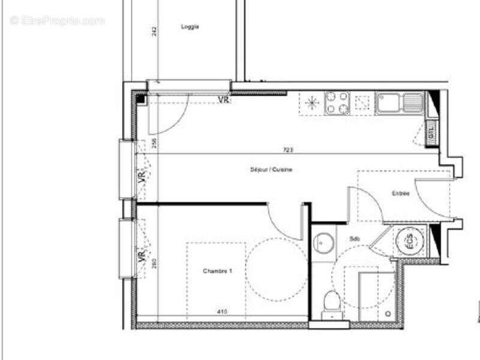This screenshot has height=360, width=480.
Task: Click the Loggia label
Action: (x=190, y=26)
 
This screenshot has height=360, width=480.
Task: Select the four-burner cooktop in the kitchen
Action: (x=337, y=103)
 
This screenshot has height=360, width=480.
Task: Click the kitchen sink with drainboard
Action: (x=399, y=103)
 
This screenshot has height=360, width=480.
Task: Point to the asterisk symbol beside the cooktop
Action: (x=311, y=103)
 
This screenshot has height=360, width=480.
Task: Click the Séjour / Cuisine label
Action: (x=271, y=170)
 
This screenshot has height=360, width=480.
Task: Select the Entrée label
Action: (x=401, y=193)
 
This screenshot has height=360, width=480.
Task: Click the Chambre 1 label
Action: (x=217, y=271)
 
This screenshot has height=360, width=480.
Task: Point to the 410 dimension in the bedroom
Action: (x=221, y=311)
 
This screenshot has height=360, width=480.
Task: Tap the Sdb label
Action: (x=355, y=239)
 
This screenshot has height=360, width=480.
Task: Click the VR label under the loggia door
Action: (x=224, y=100)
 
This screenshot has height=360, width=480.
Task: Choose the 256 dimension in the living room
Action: (x=154, y=143)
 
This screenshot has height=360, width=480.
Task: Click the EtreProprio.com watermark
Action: (x=58, y=20)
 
